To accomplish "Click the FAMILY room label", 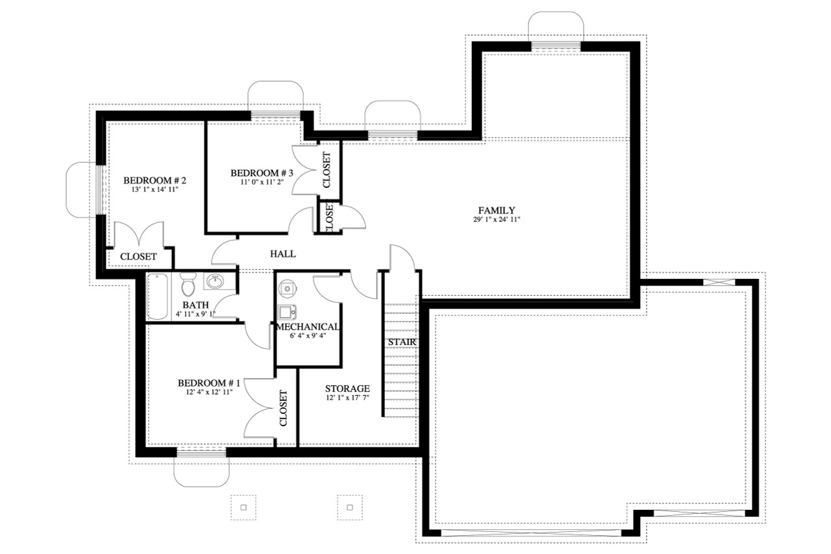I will point(496,210).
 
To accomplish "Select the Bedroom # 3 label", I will point(262,173).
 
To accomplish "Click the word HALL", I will point(283,254).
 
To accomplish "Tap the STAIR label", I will point(401,342).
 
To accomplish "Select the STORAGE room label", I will point(347,389).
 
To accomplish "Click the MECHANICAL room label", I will point(308,327).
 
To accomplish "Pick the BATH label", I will point(195,304).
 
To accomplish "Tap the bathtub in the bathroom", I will point(158,297).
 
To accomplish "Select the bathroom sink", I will point(215,282).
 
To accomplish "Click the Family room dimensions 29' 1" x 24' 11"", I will point(496,220).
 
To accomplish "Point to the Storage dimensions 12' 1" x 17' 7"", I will point(347,398).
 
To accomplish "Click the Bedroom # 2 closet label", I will point(138,257).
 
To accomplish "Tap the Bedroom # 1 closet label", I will point(283,408).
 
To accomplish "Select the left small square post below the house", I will point(243,507).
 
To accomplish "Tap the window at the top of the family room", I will point(556,46).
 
